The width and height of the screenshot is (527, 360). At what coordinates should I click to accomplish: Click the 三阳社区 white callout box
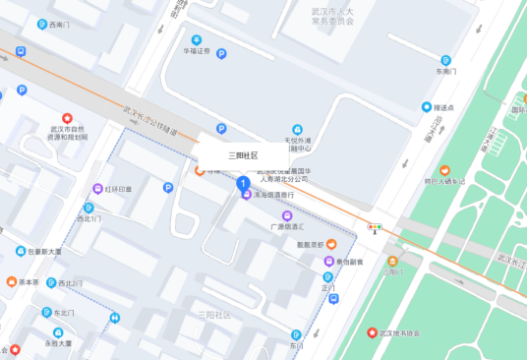click(x=243, y=155)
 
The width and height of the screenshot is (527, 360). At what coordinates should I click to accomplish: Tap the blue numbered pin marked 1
click(x=243, y=183)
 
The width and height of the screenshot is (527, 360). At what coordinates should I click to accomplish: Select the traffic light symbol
click(x=374, y=228)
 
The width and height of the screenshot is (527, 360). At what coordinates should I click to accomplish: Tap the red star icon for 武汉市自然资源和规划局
click(x=68, y=118)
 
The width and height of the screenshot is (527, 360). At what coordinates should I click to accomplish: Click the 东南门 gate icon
click(x=445, y=60)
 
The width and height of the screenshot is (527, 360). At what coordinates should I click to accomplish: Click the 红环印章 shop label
click(x=118, y=188)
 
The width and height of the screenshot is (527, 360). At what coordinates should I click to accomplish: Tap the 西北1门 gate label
click(x=88, y=218)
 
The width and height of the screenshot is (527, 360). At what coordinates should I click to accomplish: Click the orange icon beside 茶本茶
click(x=11, y=282)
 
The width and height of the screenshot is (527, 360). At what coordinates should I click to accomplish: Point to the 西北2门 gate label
click(x=70, y=283)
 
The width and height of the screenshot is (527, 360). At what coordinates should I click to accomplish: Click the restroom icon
click(x=115, y=318)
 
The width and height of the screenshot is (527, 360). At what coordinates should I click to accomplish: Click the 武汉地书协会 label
click(x=399, y=332)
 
